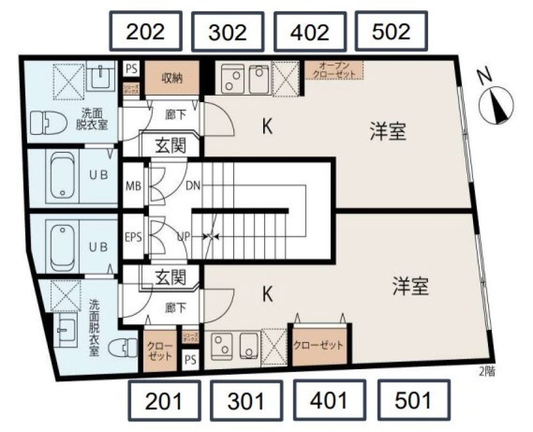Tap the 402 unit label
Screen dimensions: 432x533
tap(309, 32)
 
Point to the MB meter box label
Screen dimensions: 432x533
tap(133, 184)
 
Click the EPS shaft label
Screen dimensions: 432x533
tap(133, 237)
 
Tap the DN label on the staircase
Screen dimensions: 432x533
tap(193, 184)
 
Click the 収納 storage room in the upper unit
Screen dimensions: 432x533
tap(172, 77)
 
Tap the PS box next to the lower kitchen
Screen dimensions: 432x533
tap(190, 359)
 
